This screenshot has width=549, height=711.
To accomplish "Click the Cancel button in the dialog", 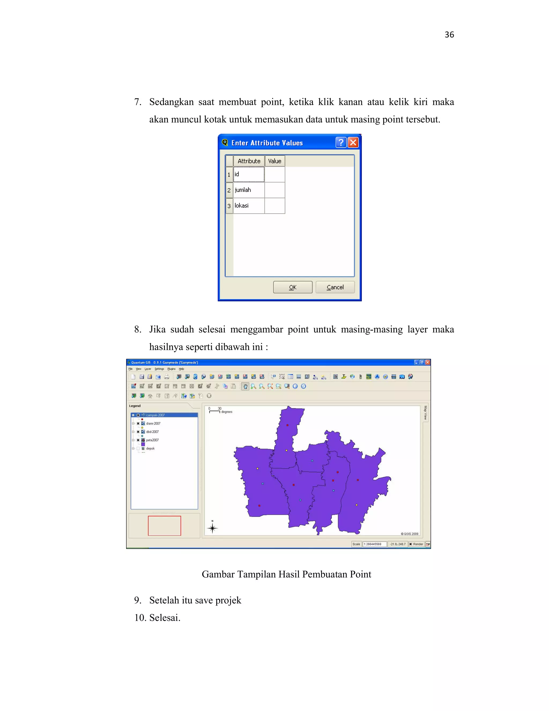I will (335, 287).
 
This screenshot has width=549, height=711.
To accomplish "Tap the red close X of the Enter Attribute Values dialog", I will (353, 142).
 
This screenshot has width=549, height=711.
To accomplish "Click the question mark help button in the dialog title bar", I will (340, 142).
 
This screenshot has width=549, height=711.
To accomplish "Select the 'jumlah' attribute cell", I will (249, 190).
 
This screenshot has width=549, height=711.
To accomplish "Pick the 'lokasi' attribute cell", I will (249, 206).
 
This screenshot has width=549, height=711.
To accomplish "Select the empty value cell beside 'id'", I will (274, 174).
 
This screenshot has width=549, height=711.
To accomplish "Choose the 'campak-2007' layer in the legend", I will (155, 415).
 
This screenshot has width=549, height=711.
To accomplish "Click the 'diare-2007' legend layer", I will (153, 424).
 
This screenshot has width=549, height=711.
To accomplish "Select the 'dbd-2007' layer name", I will (153, 432).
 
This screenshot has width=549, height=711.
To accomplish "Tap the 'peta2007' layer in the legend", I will (153, 440).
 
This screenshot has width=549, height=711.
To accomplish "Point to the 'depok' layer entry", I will (150, 449).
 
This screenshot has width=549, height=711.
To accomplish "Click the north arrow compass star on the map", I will (212, 528).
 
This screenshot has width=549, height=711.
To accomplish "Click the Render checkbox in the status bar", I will (411, 544).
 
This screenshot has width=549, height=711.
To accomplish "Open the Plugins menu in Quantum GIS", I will (171, 369).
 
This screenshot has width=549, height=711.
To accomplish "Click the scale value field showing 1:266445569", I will (374, 544).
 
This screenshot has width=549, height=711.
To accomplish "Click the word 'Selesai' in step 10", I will (164, 618).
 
